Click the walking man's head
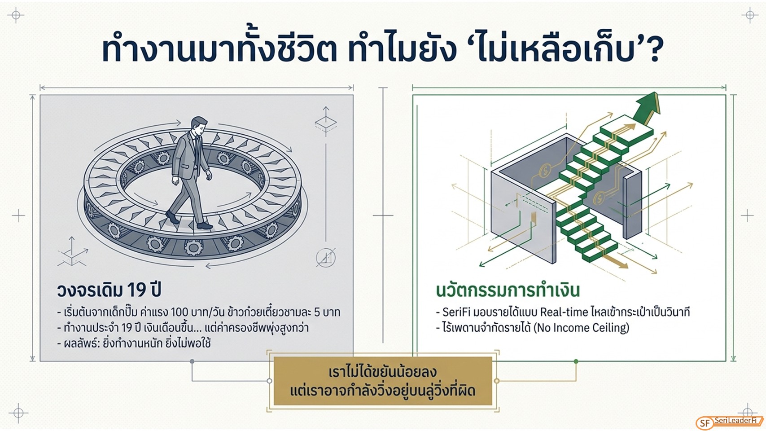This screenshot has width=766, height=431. [x=199, y=125]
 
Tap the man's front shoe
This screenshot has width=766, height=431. [x=205, y=225]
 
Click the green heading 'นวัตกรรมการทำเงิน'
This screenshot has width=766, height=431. [x=508, y=290]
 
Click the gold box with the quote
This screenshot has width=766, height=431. [x=383, y=381]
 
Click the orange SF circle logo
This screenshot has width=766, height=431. [x=705, y=423]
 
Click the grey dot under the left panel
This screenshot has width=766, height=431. [x=192, y=361]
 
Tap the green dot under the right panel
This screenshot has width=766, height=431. [x=576, y=361]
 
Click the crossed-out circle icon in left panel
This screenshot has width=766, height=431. [x=325, y=258]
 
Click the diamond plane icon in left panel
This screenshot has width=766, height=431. [x=325, y=121]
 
